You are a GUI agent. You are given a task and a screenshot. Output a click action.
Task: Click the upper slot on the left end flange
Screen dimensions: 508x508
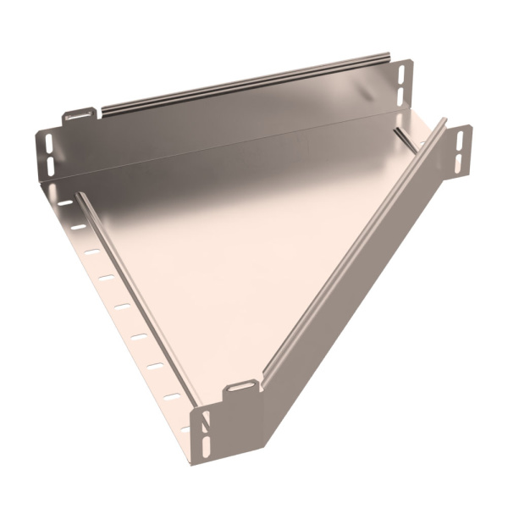coord(48,141)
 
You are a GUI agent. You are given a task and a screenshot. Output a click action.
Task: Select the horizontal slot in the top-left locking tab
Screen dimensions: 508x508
coord(79,113)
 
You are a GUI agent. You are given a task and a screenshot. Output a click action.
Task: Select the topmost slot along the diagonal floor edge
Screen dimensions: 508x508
coord(65,203)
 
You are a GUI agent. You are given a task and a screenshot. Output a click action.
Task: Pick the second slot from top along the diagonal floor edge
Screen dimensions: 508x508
coord(78,227)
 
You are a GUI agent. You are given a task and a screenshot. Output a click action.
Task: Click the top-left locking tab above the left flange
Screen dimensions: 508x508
coord(79,114)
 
